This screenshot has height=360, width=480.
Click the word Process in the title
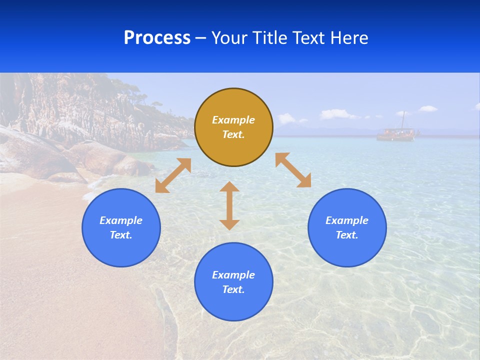pos(157,38)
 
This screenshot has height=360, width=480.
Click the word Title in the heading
pos(270,38)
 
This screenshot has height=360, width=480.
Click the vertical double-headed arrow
pos(229,205)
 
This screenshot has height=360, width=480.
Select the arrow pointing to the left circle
pos(173,175)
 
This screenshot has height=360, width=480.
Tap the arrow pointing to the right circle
pos(293,170)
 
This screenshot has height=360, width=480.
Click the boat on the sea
pos(395,134)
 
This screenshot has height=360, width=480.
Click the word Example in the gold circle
pos(233,120)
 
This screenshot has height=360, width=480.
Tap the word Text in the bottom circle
pos(233,289)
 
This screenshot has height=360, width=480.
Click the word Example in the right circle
pos(347,220)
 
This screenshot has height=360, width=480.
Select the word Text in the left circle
pos(120,235)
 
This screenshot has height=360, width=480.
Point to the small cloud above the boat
pos(427,108)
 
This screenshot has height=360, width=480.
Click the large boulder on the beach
pos(30,155)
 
